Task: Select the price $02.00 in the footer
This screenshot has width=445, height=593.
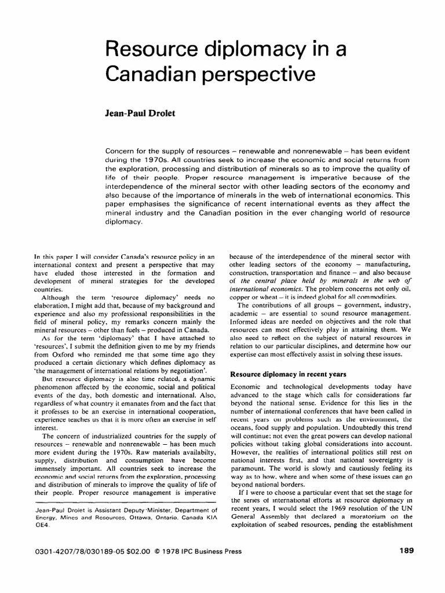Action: [x=135, y=551]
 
